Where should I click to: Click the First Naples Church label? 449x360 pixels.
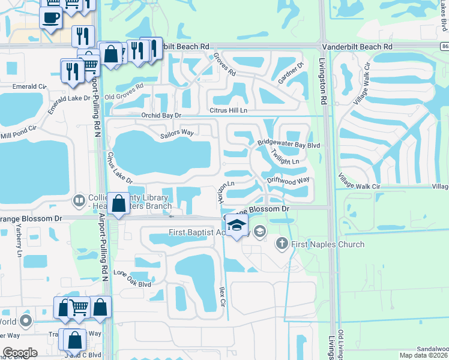(x=328, y=244)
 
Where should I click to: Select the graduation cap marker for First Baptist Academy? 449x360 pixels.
(x=237, y=226)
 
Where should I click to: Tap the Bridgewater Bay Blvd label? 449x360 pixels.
(x=289, y=145)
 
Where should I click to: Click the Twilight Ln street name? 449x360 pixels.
(x=284, y=158)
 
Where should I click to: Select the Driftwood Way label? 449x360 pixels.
(x=288, y=179)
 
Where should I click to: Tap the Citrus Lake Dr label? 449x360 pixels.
(x=118, y=167)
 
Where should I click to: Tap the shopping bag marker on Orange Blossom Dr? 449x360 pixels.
(x=119, y=203)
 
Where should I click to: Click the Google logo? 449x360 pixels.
(x=20, y=353)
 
